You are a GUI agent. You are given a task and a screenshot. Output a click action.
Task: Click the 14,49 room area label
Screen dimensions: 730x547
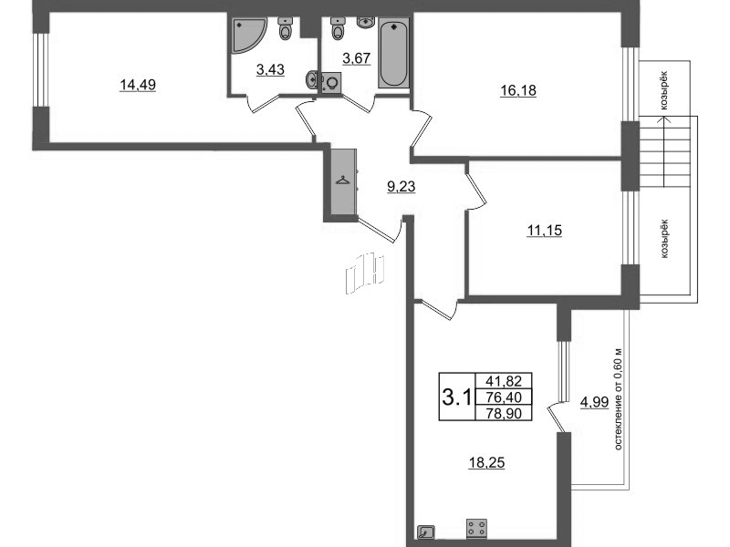tap(138, 85)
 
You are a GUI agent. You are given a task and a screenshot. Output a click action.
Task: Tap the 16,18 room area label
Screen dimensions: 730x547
tap(518, 90)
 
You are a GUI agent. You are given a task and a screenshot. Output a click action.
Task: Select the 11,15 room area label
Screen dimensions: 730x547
tap(544, 231)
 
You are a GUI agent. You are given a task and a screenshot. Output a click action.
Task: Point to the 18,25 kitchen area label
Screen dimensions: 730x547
tap(486, 463)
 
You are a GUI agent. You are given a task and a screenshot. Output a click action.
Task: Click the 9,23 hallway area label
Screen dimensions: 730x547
tap(401, 187)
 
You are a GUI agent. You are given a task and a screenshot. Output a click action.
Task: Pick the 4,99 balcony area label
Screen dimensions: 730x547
tap(595, 402)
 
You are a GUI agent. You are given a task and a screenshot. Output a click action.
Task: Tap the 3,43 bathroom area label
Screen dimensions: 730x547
tap(270, 70)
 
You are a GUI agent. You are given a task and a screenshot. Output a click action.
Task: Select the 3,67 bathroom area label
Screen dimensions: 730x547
tap(356, 58)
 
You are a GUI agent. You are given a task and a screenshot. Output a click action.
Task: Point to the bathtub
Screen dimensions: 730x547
tap(394, 53)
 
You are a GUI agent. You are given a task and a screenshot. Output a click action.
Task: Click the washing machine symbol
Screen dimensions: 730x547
tap(331, 83)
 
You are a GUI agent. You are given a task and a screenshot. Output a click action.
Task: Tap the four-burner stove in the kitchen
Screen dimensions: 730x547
tap(476, 529)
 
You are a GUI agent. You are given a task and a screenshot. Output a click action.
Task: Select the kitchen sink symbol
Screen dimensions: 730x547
tap(426, 532)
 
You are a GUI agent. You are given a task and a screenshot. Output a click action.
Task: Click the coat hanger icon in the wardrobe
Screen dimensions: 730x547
tap(343, 180)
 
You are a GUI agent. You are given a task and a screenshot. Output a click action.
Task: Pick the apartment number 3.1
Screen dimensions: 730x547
tap(456, 397)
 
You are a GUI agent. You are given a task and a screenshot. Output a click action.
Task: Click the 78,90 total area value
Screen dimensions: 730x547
tap(504, 413)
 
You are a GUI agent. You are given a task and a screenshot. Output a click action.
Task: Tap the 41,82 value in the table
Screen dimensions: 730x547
tap(504, 381)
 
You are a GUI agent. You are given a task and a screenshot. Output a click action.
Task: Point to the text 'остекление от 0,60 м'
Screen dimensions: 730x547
tap(618, 398)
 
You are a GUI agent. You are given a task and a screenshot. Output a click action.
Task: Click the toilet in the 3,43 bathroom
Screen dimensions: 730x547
tap(285, 29)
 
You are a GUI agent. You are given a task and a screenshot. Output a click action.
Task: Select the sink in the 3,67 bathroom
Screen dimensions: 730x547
tap(368, 21)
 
